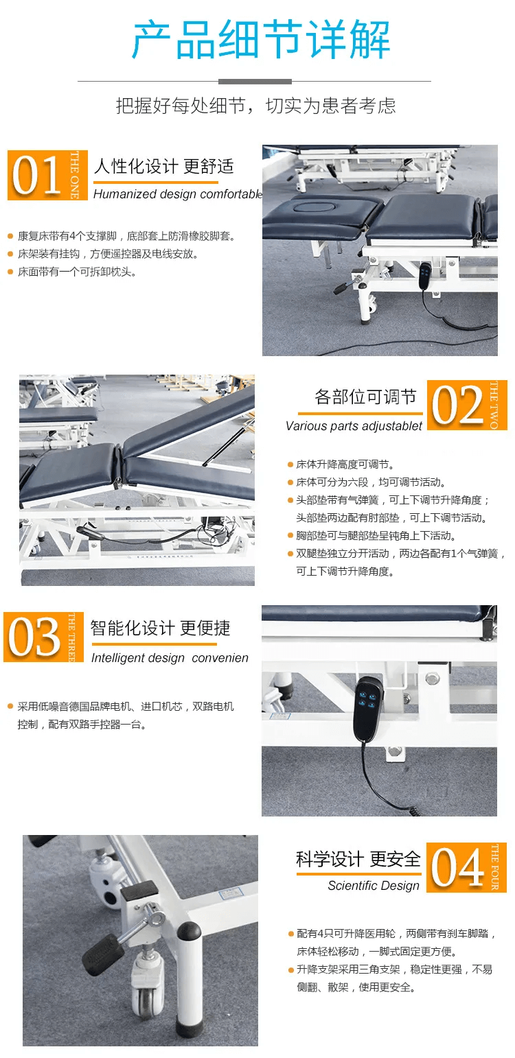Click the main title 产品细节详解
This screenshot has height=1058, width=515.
click(x=260, y=40)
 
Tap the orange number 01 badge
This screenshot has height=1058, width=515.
click(x=47, y=175)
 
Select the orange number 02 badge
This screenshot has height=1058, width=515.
click(x=467, y=405)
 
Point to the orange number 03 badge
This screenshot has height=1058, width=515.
click(x=43, y=637)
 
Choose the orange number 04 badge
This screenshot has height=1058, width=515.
click(x=466, y=868)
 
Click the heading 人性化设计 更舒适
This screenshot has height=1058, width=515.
click(x=163, y=166)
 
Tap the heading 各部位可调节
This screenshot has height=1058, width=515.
click(x=365, y=397)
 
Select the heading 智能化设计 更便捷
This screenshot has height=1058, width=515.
click(x=160, y=628)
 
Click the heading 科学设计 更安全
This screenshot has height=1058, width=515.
click(x=358, y=858)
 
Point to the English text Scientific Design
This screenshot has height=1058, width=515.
click(x=374, y=886)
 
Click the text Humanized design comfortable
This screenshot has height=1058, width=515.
click(x=178, y=194)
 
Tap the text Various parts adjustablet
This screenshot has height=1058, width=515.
click(x=354, y=426)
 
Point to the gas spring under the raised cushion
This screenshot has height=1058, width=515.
click(x=228, y=443)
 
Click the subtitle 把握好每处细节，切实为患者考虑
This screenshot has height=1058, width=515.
click(x=256, y=106)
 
